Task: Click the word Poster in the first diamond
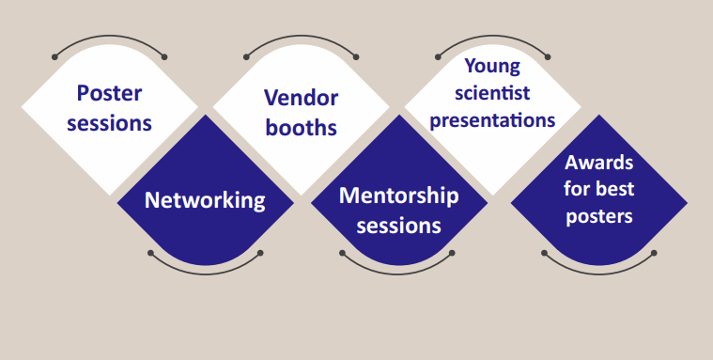coord(109,94)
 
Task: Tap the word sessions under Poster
coord(109,123)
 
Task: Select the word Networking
coord(205,201)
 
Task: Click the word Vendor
coord(301,98)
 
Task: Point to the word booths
coord(301,128)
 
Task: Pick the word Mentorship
coord(399,196)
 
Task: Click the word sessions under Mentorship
coord(399,226)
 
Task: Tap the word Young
coord(492,67)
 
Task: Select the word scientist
coord(492,93)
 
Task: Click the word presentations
coord(492,120)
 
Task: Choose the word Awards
coord(599,163)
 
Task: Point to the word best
coord(614,189)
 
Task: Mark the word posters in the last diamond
coord(599,216)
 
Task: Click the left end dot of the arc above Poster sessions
coord(55,57)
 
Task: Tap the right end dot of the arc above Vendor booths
coord(356,57)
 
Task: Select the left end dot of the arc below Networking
coord(151,253)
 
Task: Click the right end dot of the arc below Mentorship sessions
coord(452,253)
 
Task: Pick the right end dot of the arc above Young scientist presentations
coord(548,57)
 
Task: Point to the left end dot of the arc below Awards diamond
coord(544,253)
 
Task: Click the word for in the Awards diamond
coord(577,189)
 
